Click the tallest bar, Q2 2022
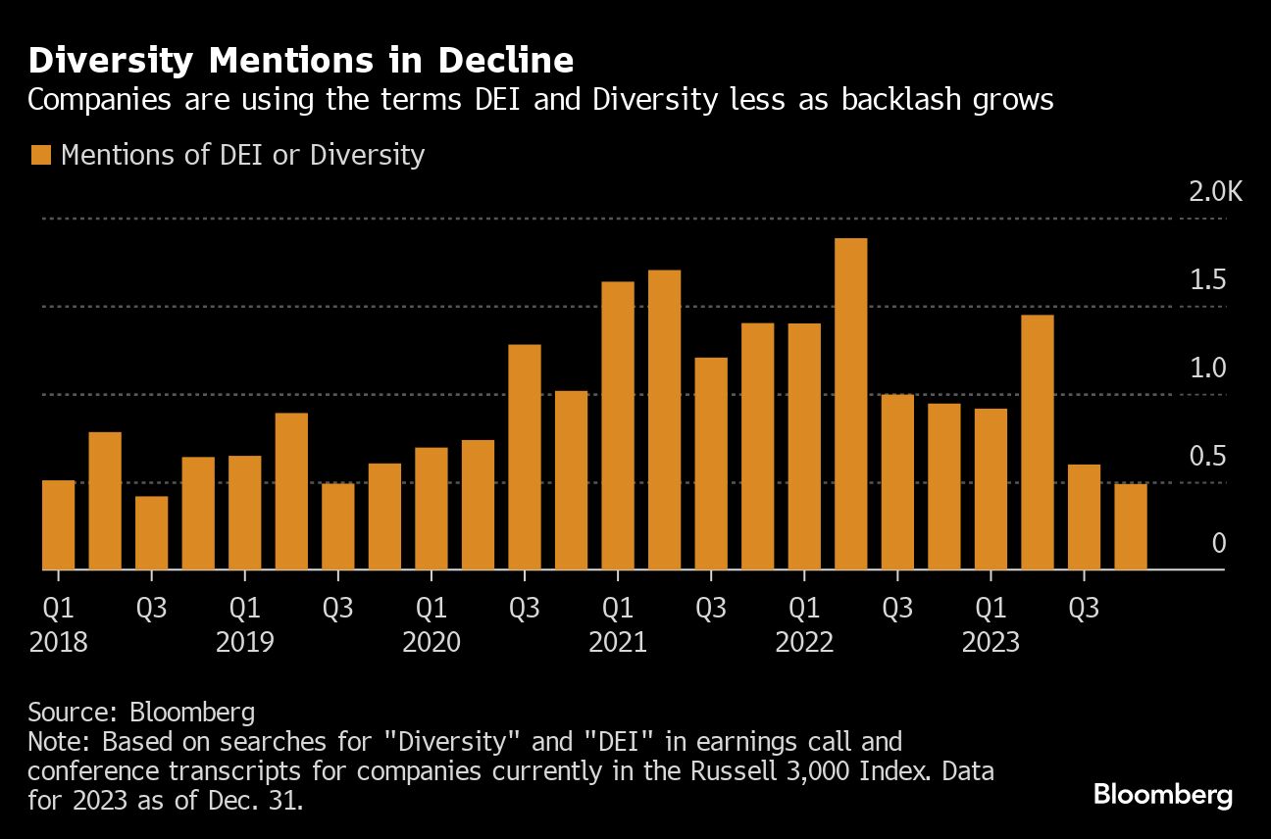[850, 404]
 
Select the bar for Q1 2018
[59, 524]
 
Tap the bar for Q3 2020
[525, 457]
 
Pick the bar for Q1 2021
[618, 425]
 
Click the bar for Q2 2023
[1038, 442]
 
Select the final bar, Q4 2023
[1131, 526]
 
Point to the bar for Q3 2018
[152, 532]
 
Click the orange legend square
[40, 155]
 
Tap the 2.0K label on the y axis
[1215, 191]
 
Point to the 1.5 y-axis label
[1207, 280]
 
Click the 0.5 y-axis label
[1207, 456]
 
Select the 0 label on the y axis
[1219, 543]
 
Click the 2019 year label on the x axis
[244, 643]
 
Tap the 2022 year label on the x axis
[804, 643]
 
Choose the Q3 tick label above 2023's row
[1083, 608]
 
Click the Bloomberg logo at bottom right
[1163, 795]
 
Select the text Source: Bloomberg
[142, 711]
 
